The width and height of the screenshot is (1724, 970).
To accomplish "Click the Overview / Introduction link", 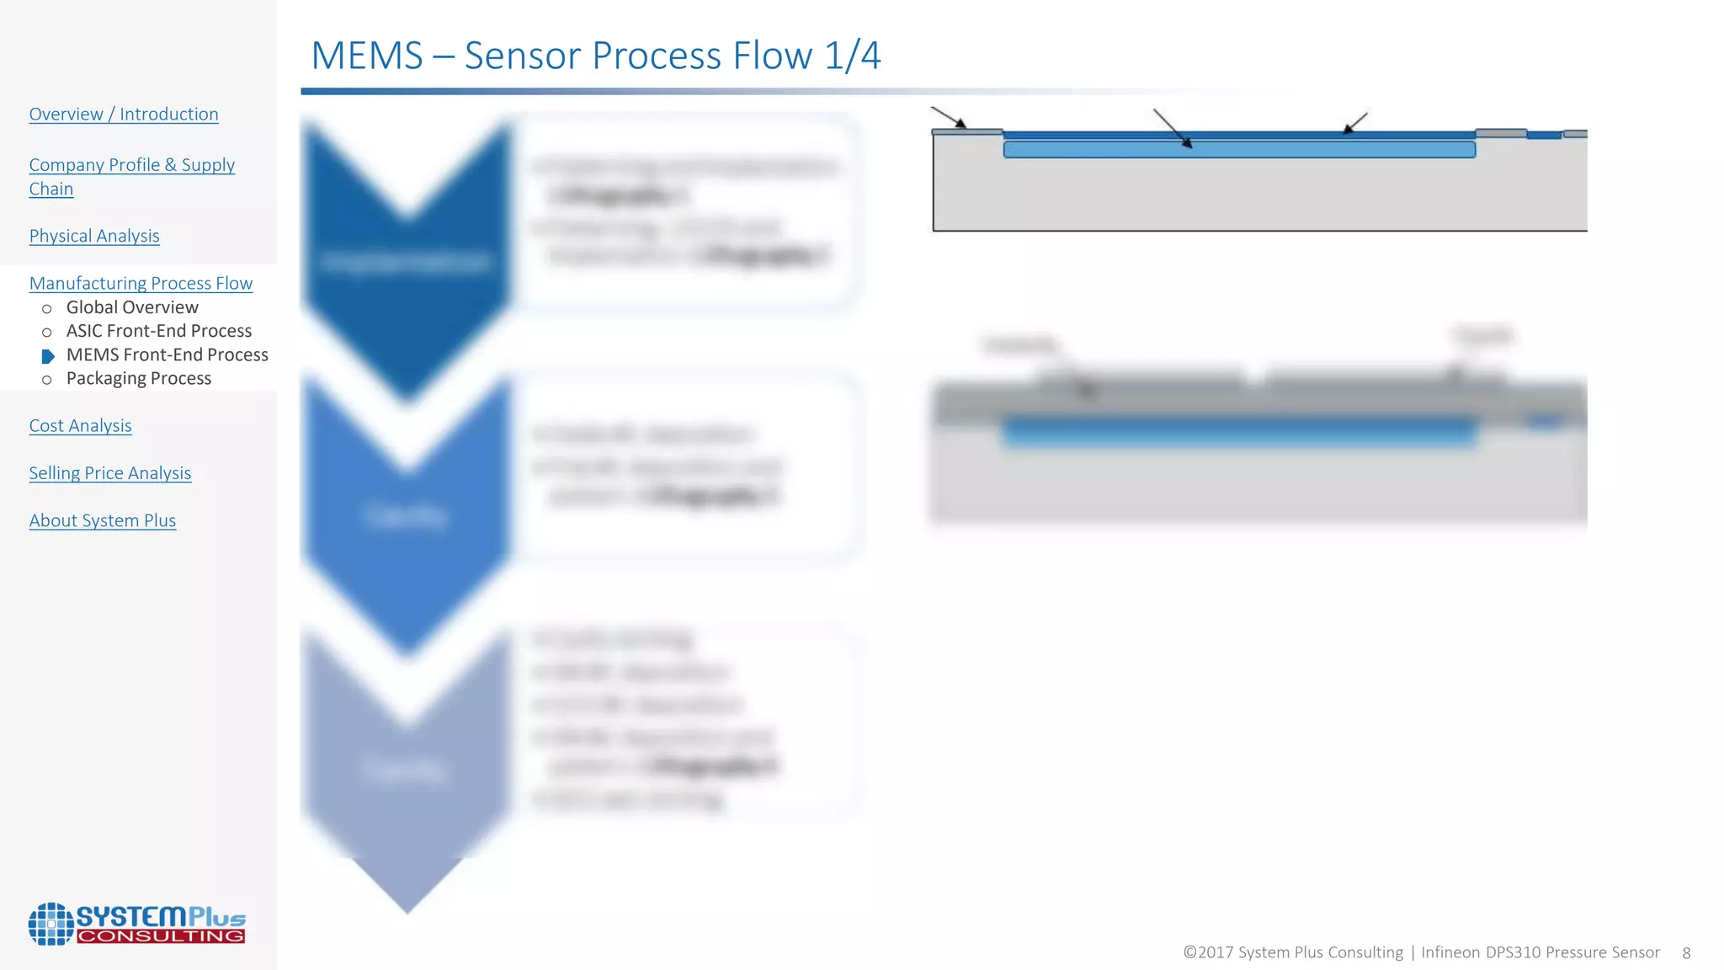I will coord(124,114).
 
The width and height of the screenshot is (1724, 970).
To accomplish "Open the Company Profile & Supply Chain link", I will coord(131,165).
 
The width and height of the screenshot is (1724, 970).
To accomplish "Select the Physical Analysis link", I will coord(94,236).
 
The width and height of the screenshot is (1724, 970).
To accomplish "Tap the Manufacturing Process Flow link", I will coord(141,283).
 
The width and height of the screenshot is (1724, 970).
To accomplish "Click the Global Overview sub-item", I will coord(132,307).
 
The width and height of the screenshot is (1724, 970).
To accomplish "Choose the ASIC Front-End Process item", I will coord(159,331).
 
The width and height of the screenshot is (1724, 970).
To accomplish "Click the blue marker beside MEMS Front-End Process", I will coord(48,356).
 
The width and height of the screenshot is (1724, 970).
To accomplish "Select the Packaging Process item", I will coord(139,378).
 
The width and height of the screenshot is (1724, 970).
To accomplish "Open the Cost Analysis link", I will coord(80,425).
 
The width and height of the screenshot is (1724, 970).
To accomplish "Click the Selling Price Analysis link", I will coord(110,473).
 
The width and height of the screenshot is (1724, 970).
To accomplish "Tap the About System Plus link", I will coord(103,520).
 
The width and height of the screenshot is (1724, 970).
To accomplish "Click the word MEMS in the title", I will coord(367,56).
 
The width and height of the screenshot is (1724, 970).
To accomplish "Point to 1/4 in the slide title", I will coord(852,56).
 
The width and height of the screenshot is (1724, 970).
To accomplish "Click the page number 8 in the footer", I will coord(1686,953).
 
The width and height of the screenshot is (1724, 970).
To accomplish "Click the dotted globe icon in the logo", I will coord(51,924).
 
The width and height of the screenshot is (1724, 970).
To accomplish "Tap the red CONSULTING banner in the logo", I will coord(161,936).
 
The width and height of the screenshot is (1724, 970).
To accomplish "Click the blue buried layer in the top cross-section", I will coord(1239,150).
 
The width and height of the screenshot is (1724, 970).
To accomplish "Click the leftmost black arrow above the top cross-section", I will coord(949,117).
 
